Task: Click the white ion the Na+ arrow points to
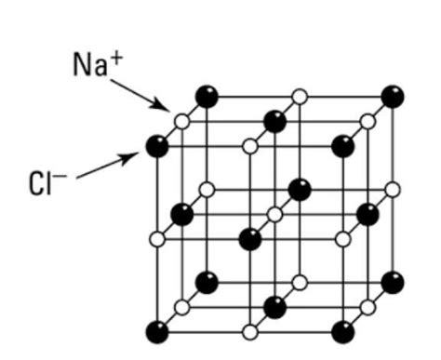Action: [x=182, y=120]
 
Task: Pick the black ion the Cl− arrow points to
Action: [x=157, y=145]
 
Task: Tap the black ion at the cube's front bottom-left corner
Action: [x=157, y=331]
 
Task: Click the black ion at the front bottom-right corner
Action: [x=344, y=331]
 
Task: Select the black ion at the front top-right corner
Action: [x=344, y=145]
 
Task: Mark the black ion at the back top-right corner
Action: [x=394, y=96]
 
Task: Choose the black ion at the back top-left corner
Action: [x=207, y=96]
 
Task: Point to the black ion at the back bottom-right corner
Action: [x=394, y=282]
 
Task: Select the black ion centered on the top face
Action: [x=275, y=120]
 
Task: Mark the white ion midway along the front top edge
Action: [x=249, y=145]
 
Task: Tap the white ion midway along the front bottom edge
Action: [x=249, y=331]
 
